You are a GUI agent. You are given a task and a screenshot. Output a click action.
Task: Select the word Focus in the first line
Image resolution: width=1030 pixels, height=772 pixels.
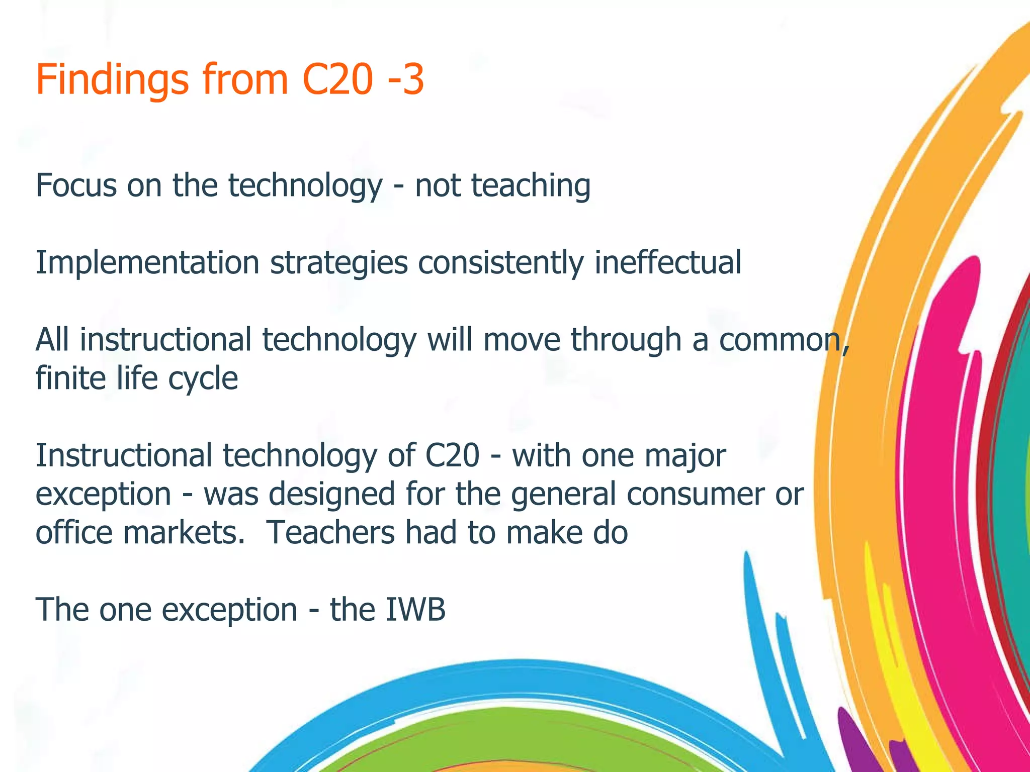click(76, 185)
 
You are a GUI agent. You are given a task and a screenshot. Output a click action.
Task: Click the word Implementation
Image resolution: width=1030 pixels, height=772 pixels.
click(147, 263)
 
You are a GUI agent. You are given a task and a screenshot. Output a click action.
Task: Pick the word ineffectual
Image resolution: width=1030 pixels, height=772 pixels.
click(668, 262)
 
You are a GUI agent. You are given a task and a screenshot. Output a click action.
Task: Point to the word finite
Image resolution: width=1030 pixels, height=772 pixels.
click(70, 378)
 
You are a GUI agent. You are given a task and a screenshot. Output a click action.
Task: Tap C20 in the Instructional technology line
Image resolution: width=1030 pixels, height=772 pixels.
click(452, 455)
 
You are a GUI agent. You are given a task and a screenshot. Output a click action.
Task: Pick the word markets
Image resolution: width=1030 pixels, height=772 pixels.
click(184, 533)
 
